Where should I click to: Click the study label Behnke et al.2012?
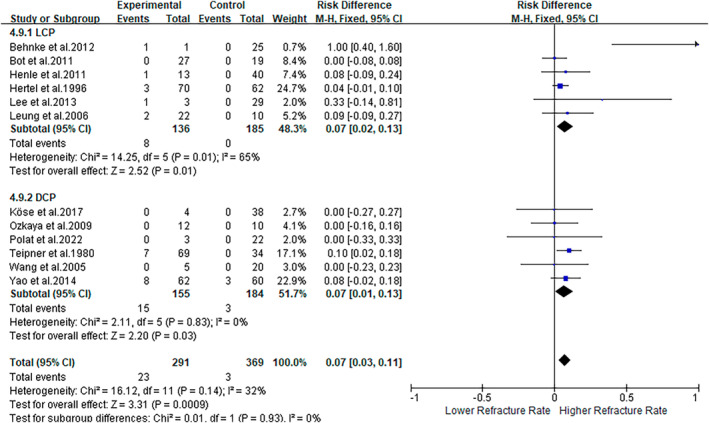click(52, 47)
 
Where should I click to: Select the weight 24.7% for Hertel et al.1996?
click(292, 88)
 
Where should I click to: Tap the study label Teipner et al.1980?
click(52, 253)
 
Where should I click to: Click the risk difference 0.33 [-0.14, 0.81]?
click(363, 102)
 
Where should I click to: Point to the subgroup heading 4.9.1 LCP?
click(33, 33)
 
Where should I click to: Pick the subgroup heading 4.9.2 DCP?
click(33, 198)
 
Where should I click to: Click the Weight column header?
click(289, 19)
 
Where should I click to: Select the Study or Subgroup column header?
click(55, 19)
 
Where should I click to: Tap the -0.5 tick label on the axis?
click(482, 398)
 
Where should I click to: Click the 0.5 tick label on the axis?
click(626, 398)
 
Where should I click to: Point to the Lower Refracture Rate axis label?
click(498, 411)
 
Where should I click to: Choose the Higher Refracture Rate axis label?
click(613, 411)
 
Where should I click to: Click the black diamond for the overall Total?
click(564, 360)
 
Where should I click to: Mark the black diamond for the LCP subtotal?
click(565, 127)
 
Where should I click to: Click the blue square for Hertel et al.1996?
click(560, 86)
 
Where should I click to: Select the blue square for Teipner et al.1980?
click(569, 251)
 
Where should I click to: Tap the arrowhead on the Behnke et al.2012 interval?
click(696, 44)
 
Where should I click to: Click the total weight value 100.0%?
click(289, 363)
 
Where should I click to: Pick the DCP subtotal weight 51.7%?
click(292, 294)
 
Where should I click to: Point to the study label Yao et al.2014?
click(43, 281)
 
